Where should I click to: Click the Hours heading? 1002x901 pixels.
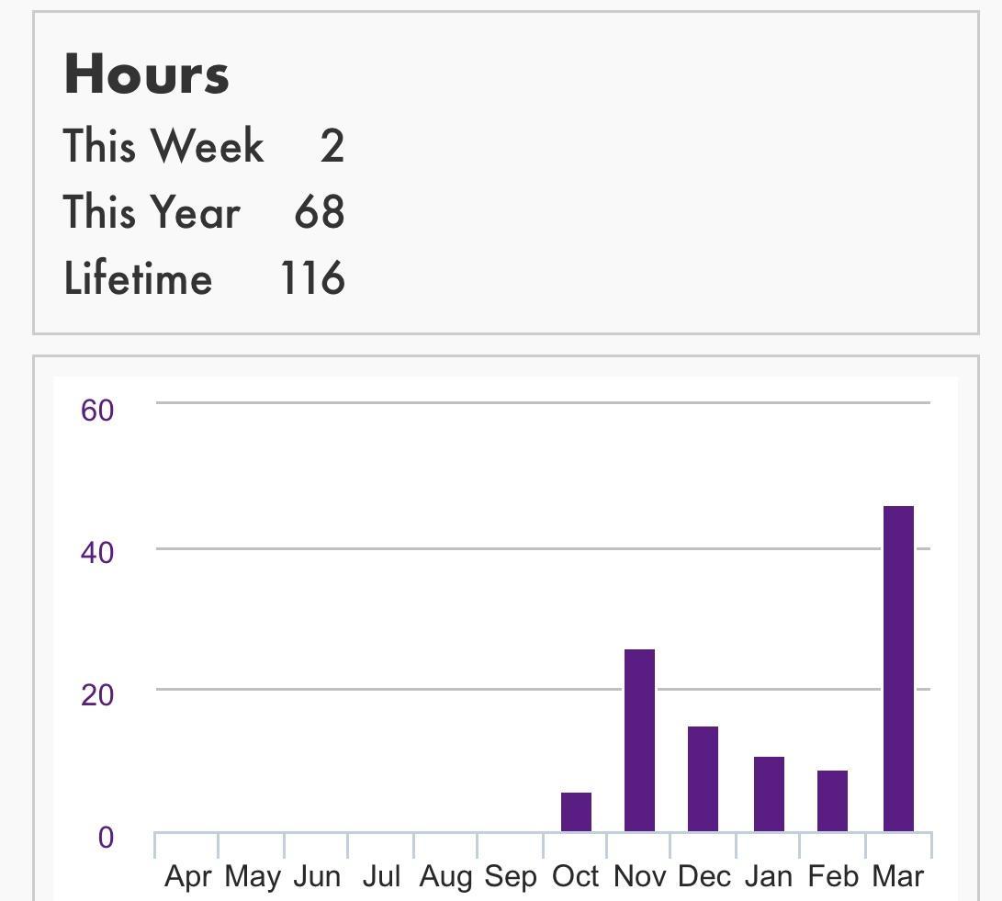pyautogui.click(x=147, y=74)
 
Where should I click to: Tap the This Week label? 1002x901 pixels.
pyautogui.click(x=163, y=147)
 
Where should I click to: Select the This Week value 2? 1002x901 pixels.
pyautogui.click(x=332, y=147)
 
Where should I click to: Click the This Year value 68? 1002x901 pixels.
pyautogui.click(x=320, y=212)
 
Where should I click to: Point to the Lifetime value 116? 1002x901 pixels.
pyautogui.click(x=312, y=278)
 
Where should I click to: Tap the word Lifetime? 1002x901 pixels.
pyautogui.click(x=138, y=278)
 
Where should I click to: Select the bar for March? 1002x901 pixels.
pyautogui.click(x=898, y=669)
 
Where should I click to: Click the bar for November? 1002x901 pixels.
pyautogui.click(x=639, y=740)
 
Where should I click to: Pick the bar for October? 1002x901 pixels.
pyautogui.click(x=576, y=812)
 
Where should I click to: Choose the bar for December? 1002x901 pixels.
pyautogui.click(x=703, y=779)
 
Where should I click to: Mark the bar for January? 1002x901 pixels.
pyautogui.click(x=769, y=794)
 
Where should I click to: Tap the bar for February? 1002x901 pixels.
pyautogui.click(x=832, y=801)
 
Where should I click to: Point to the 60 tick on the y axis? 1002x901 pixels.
pyautogui.click(x=97, y=411)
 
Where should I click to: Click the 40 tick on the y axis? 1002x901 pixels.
pyautogui.click(x=97, y=553)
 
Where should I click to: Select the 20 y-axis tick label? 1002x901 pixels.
pyautogui.click(x=97, y=695)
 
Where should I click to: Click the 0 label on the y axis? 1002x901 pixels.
pyautogui.click(x=106, y=838)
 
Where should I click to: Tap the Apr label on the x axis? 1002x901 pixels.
pyautogui.click(x=188, y=877)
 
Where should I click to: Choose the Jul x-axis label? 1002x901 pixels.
pyautogui.click(x=381, y=877)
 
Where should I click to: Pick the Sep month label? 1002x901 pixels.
pyautogui.click(x=511, y=877)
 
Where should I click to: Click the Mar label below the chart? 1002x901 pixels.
pyautogui.click(x=897, y=877)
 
